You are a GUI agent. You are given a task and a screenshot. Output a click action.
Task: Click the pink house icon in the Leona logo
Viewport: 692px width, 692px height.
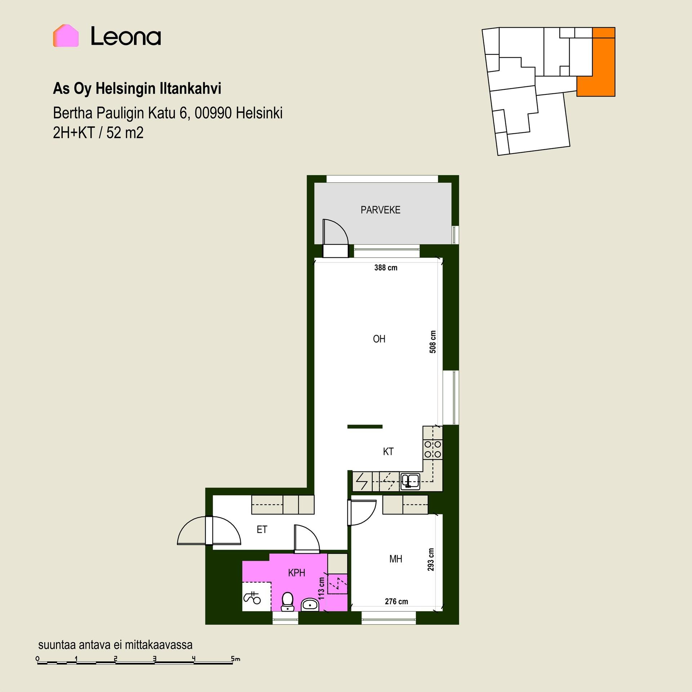(x=66, y=36)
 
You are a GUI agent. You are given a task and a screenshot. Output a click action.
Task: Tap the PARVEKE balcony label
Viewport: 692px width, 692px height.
(x=380, y=210)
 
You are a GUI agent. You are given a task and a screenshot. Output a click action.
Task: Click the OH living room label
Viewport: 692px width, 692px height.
(x=379, y=339)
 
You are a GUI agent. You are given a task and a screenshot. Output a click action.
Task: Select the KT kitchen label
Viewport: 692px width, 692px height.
(x=388, y=451)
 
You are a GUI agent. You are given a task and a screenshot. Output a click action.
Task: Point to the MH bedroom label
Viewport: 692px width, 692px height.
(x=396, y=559)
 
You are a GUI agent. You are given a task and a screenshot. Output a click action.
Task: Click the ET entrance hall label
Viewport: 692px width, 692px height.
(x=262, y=529)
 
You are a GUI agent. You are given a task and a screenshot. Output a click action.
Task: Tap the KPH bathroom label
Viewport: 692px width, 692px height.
(x=297, y=573)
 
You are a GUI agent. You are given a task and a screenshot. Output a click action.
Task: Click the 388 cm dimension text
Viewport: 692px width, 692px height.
(x=386, y=267)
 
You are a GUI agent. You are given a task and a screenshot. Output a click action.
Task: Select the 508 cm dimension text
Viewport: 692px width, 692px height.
(x=433, y=342)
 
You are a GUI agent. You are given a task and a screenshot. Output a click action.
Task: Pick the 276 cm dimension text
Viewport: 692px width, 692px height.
(x=396, y=602)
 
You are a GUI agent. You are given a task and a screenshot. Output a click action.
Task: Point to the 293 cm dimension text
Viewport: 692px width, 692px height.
(x=431, y=560)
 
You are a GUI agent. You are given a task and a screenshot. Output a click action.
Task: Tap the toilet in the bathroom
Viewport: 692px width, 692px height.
(x=287, y=602)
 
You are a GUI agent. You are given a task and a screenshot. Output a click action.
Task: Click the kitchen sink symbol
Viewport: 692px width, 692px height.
(x=410, y=481)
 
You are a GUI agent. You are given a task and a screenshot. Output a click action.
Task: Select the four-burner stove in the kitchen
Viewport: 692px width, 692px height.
(x=432, y=449)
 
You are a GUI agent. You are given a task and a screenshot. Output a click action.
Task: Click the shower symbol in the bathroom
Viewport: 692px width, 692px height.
(x=252, y=598)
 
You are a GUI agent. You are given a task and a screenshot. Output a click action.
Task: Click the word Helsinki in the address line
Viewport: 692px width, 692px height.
(x=259, y=113)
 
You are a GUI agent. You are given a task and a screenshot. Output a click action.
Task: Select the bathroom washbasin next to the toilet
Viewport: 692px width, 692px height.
(x=309, y=604)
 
